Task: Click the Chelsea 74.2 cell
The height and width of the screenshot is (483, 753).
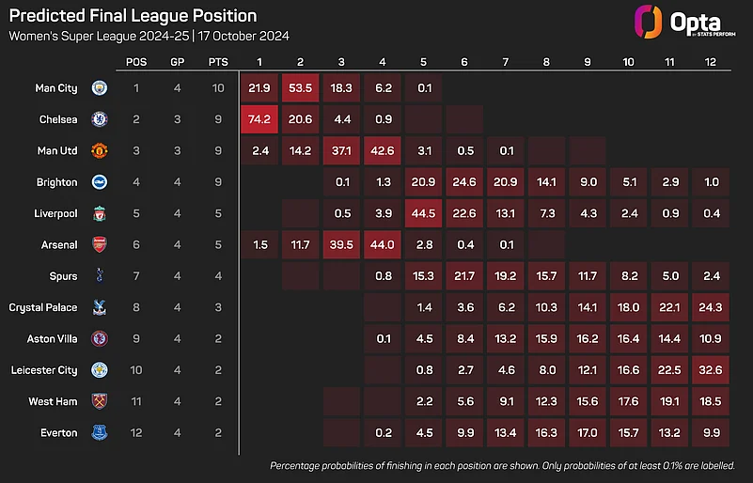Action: click(259, 119)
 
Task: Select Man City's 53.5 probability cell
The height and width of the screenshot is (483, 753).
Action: click(301, 87)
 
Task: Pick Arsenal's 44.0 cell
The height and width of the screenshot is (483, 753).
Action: click(383, 244)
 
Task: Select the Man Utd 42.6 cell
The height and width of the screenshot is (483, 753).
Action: click(383, 150)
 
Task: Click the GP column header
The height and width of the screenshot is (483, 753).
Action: click(178, 62)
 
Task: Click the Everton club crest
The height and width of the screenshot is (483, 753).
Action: click(100, 433)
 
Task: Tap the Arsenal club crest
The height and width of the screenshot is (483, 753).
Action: click(100, 244)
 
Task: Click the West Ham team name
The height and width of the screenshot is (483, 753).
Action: click(53, 401)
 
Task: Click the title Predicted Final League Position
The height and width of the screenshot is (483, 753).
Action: click(132, 17)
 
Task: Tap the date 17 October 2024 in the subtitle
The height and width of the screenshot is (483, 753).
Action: click(243, 36)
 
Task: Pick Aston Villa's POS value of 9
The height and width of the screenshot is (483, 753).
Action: click(136, 339)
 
